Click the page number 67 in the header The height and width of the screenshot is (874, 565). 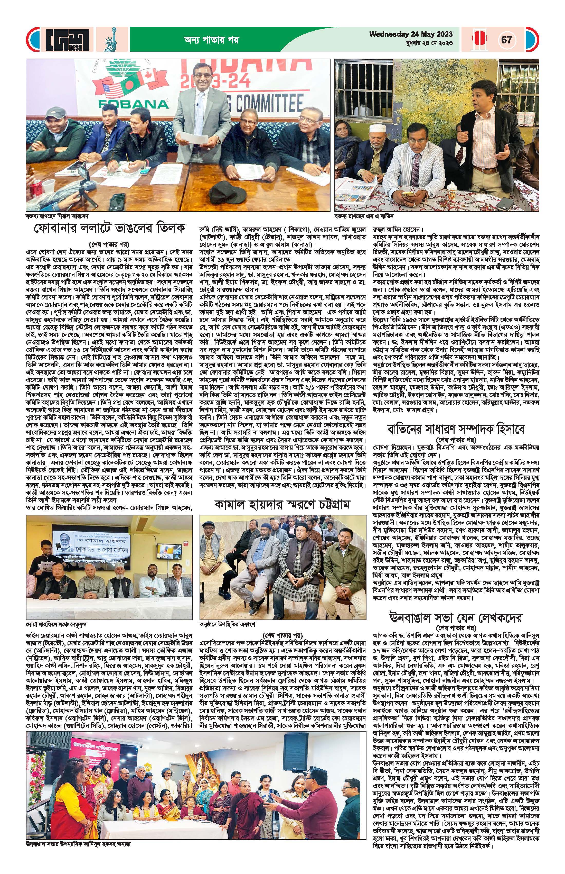pos(507,39)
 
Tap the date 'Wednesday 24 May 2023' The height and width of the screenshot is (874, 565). pos(411,34)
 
